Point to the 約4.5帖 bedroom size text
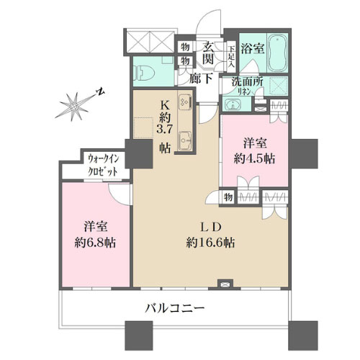point(254,157)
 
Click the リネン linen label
point(244,92)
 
